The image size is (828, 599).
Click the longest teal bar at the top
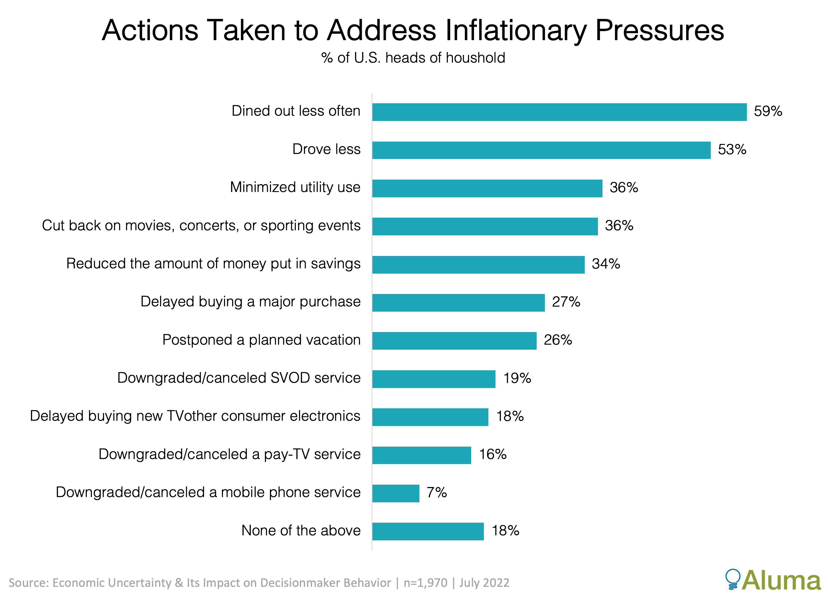point(559,112)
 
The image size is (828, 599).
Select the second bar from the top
point(541,150)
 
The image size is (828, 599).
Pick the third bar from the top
point(487,188)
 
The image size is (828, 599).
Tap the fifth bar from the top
point(478,265)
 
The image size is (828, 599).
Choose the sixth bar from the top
point(458,303)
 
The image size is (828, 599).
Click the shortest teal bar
point(396,494)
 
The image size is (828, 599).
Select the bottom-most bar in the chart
point(428,531)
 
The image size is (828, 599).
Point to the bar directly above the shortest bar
point(422,455)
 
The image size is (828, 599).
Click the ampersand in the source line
point(179,583)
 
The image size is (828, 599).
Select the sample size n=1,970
point(425,583)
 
